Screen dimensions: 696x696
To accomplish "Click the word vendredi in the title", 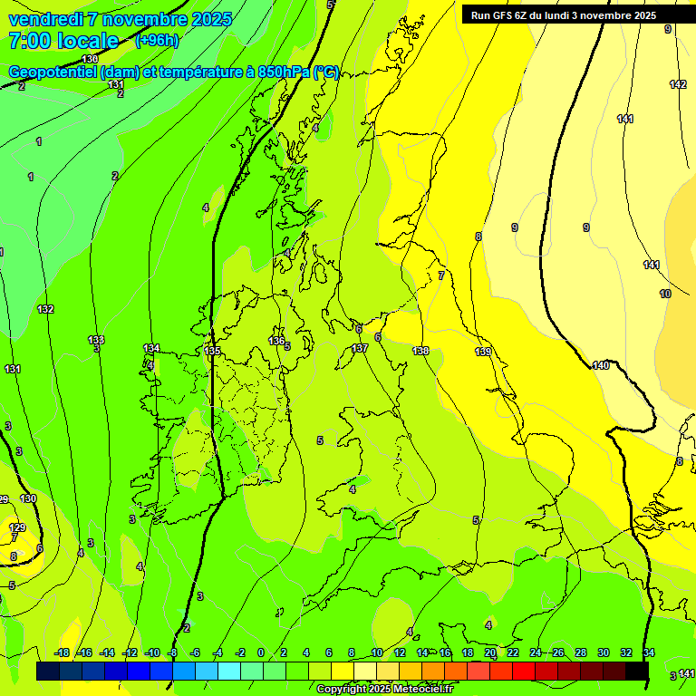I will pos(45,19).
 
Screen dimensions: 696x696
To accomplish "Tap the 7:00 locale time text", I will pos(63,41).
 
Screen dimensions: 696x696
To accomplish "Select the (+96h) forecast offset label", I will pos(157,41).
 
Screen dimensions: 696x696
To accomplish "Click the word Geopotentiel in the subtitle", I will pos(53,72).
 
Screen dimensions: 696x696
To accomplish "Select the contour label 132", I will pos(45,309).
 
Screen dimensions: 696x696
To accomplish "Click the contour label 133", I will pos(96,340).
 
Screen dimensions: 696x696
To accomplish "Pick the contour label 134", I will pos(151,348).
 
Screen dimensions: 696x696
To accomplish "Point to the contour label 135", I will pos(212,350).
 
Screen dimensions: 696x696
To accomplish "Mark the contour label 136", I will pos(276,340).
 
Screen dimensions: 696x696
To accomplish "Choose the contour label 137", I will pos(360,348).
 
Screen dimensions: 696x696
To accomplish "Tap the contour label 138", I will pos(420,351).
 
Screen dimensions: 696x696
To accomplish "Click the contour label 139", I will pos(483,352).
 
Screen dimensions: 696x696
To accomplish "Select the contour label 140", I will pos(601,365).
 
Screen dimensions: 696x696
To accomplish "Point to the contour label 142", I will pos(678,84).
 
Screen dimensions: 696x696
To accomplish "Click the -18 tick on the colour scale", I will pos(63,652).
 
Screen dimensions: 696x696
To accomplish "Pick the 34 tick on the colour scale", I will pos(649,652).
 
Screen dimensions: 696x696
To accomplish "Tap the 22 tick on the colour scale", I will pos(513,652).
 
